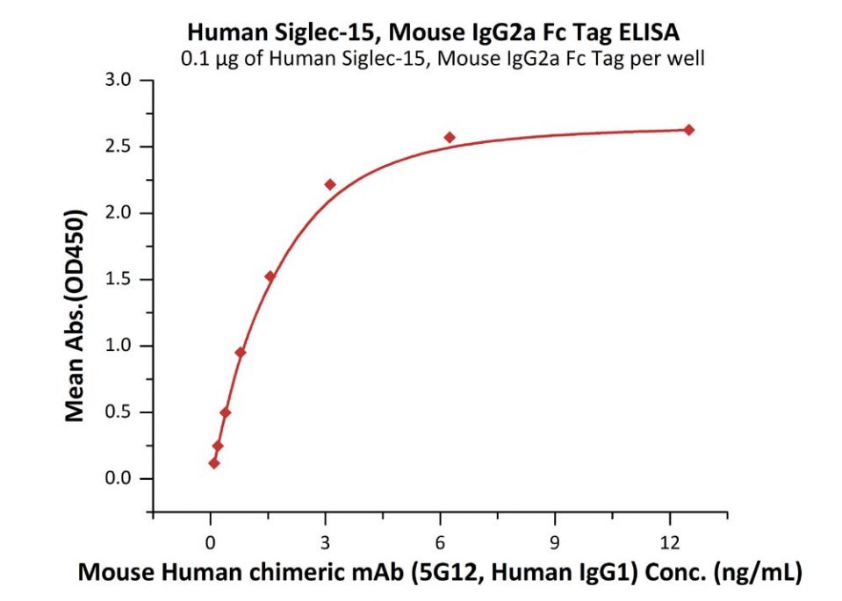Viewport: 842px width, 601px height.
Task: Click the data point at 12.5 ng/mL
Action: [x=689, y=130]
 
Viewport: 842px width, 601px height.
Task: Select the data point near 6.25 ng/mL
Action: [x=450, y=138]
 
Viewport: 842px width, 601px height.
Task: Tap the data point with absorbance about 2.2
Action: [x=330, y=184]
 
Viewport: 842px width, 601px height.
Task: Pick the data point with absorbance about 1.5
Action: [x=270, y=276]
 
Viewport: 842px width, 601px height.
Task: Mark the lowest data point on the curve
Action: [x=214, y=462]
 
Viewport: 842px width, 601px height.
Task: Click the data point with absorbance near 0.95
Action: [x=240, y=353]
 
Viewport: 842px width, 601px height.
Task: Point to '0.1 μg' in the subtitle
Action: [x=208, y=60]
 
